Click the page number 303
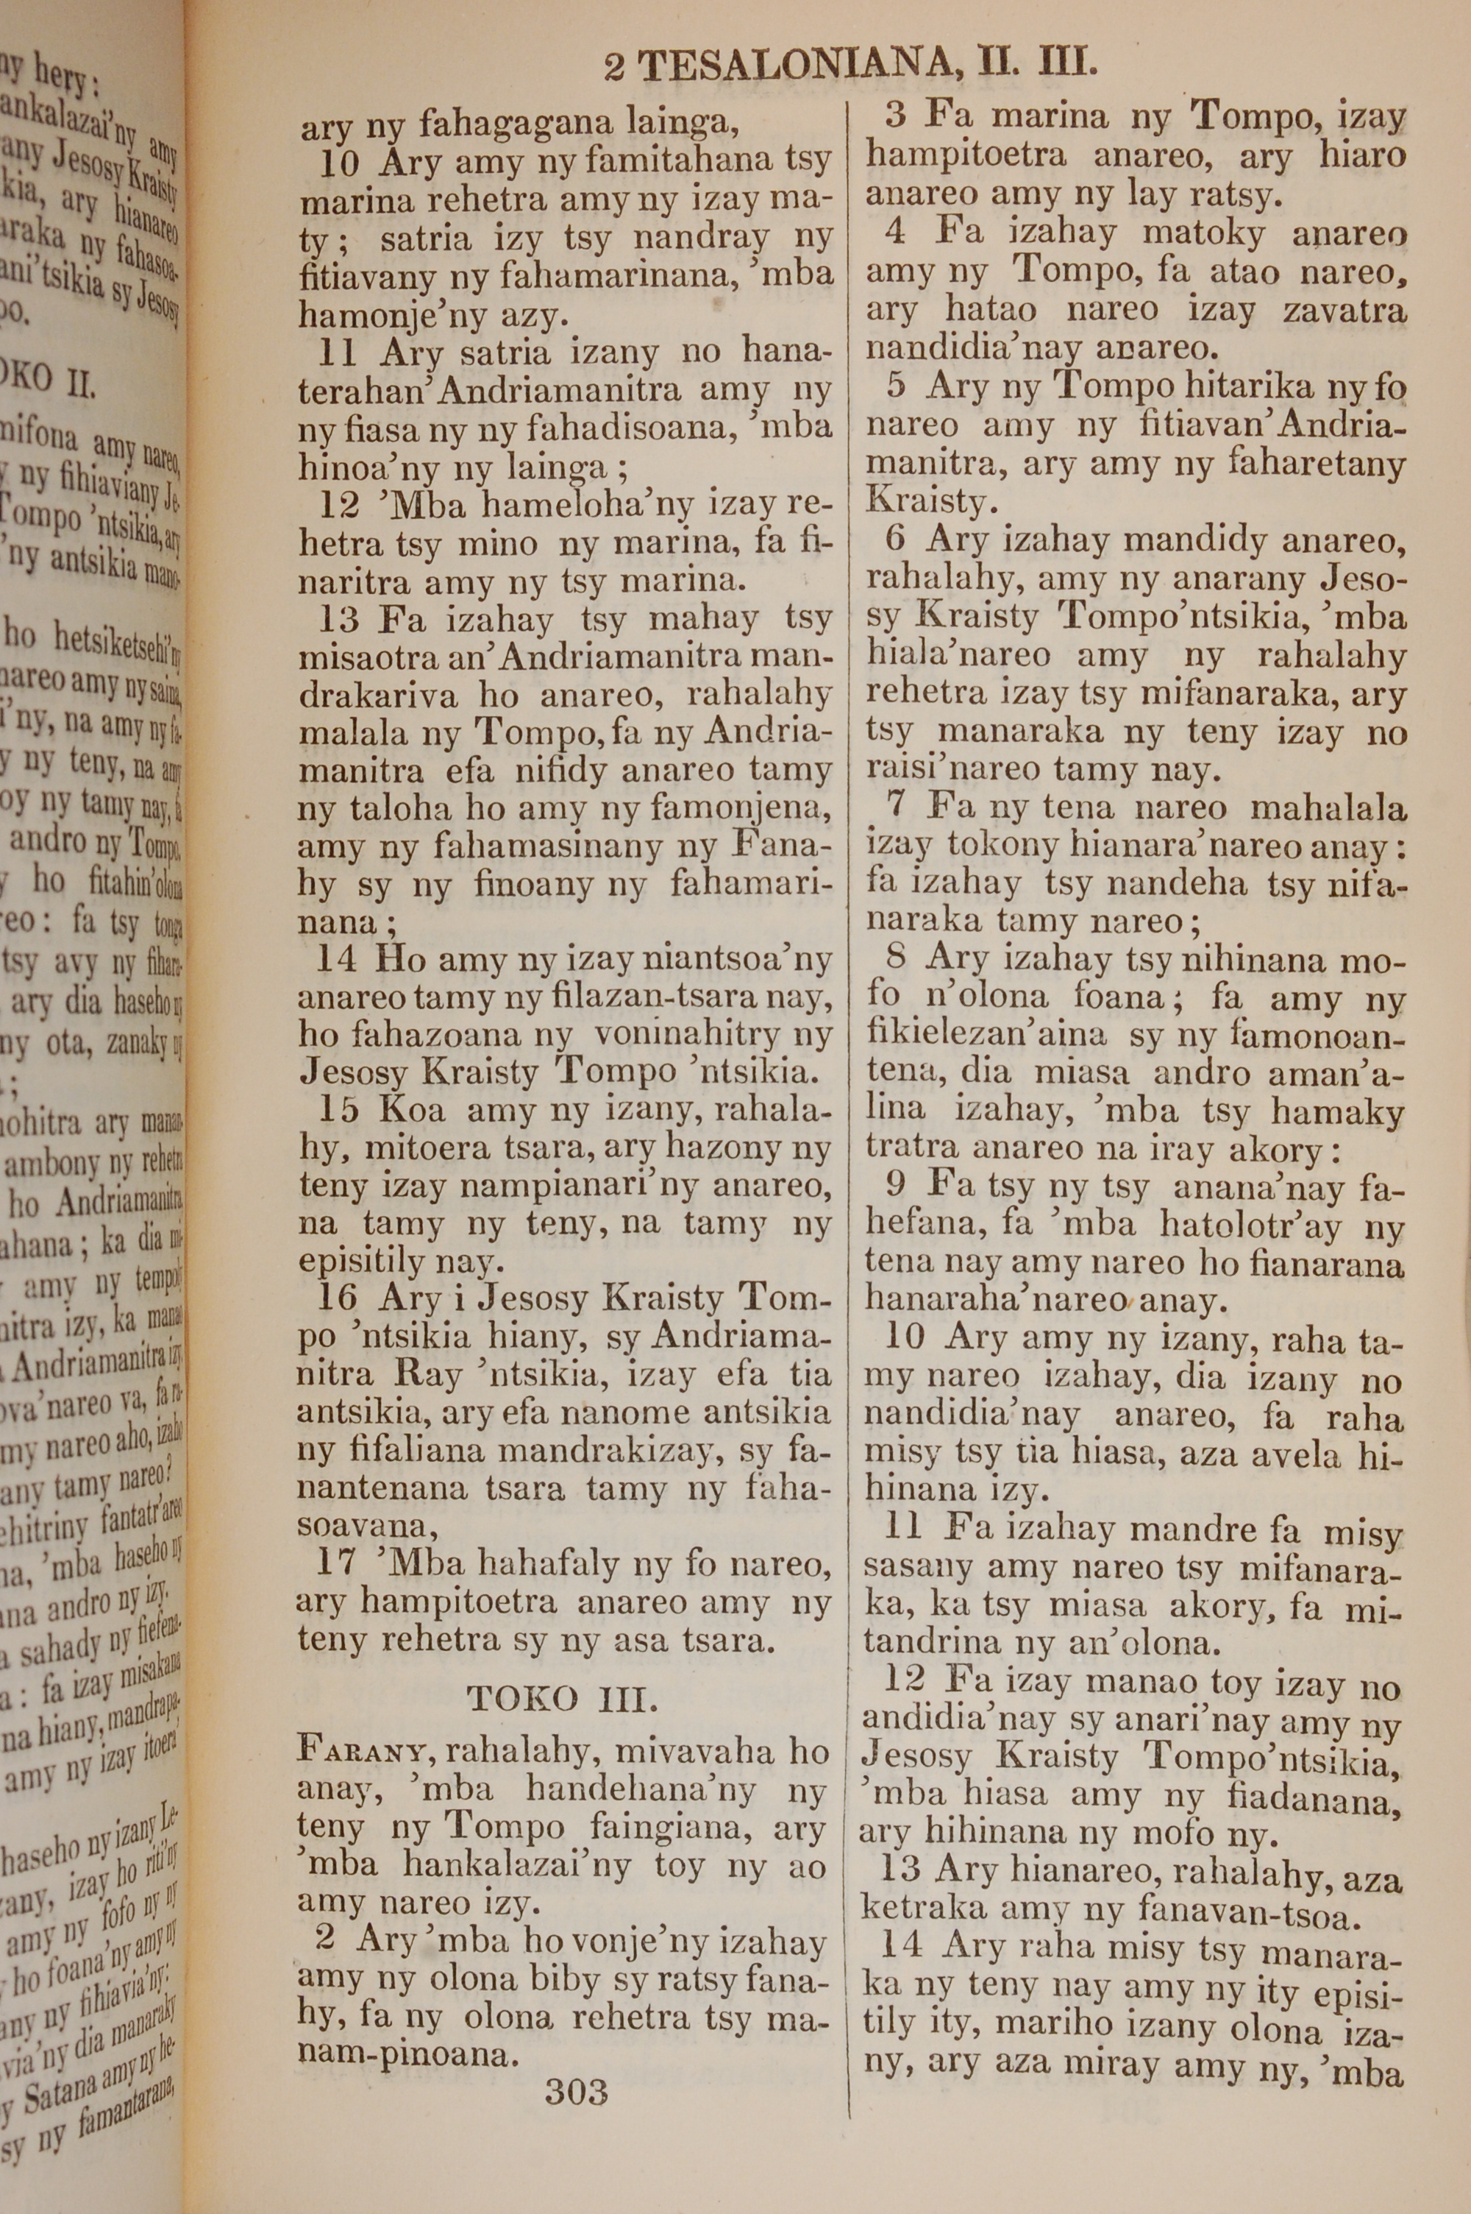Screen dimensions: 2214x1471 [576, 2092]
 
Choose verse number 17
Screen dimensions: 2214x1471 [337, 1563]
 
